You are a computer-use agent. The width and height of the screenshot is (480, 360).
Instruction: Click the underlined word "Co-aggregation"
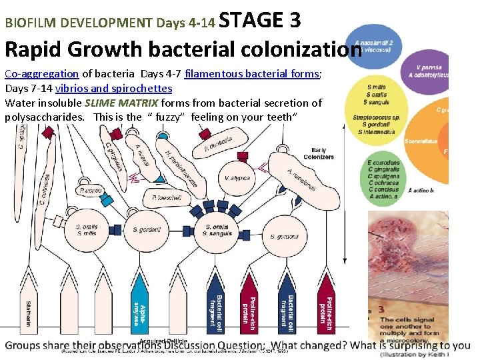click(41, 74)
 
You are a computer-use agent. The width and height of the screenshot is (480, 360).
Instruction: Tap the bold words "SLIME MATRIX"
click(121, 103)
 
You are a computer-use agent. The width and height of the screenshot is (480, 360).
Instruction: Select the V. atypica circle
click(237, 178)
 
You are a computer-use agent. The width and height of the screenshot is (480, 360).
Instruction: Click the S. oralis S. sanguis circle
click(217, 230)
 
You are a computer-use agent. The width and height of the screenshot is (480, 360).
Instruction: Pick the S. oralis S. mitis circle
click(87, 230)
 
